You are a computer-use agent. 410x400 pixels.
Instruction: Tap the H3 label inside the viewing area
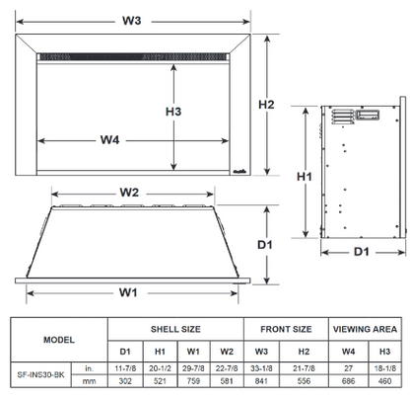point(174,112)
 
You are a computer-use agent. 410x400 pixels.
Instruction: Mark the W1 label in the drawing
point(128,291)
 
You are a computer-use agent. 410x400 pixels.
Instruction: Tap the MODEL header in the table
point(58,339)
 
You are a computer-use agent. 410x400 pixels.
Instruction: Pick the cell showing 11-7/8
point(125,367)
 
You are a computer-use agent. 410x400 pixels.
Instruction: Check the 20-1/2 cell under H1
point(160,367)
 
